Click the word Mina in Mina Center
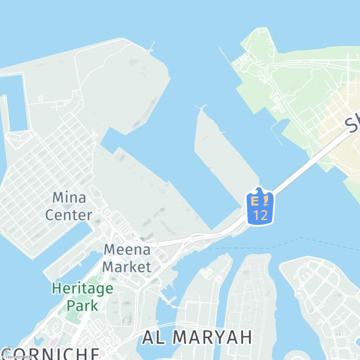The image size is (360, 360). pyautogui.click(x=69, y=198)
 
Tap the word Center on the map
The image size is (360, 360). pyautogui.click(x=69, y=215)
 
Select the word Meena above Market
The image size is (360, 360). pyautogui.click(x=127, y=250)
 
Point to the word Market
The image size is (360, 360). pyautogui.click(x=126, y=266)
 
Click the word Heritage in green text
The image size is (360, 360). pyautogui.click(x=82, y=288)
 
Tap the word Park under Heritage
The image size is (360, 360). pyautogui.click(x=82, y=306)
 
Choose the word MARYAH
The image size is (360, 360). pyautogui.click(x=212, y=337)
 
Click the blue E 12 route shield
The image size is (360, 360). pyautogui.click(x=260, y=207)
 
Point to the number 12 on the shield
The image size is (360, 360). pyautogui.click(x=260, y=215)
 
